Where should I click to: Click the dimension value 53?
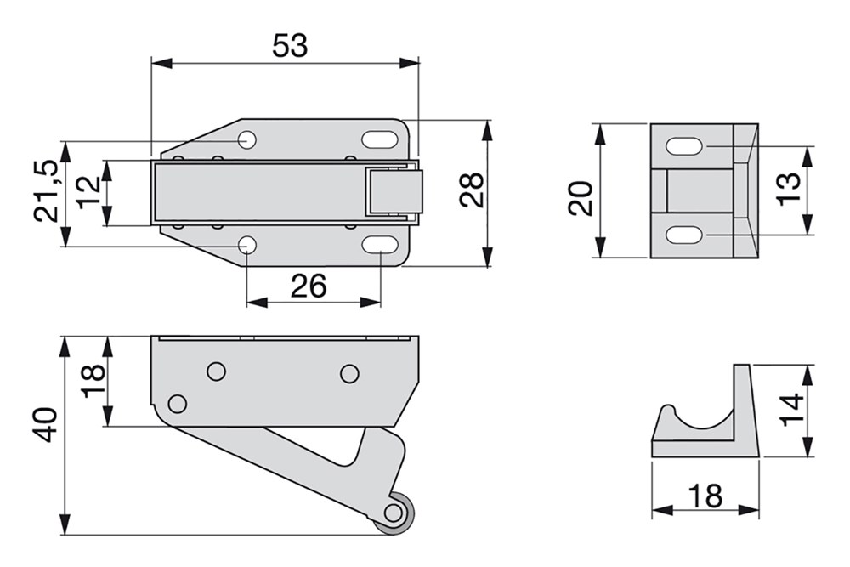tap(290, 45)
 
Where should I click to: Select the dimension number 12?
tap(88, 192)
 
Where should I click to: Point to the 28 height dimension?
tap(472, 190)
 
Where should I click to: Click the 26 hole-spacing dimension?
tap(309, 286)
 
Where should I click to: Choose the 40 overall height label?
tap(46, 426)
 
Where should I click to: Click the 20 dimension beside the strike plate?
tap(581, 199)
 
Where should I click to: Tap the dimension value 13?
tap(790, 188)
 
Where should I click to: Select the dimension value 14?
tap(792, 411)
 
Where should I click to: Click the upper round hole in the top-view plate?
tap(247, 140)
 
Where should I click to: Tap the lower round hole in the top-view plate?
tap(247, 246)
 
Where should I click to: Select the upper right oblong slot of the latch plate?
tap(379, 139)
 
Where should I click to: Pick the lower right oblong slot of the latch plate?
tap(379, 245)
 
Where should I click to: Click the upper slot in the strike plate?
tap(684, 147)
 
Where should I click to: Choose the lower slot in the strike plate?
tap(684, 235)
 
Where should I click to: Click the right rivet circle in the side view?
tap(349, 373)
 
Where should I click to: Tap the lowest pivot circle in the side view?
tap(178, 404)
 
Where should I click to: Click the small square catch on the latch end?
tap(394, 192)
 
